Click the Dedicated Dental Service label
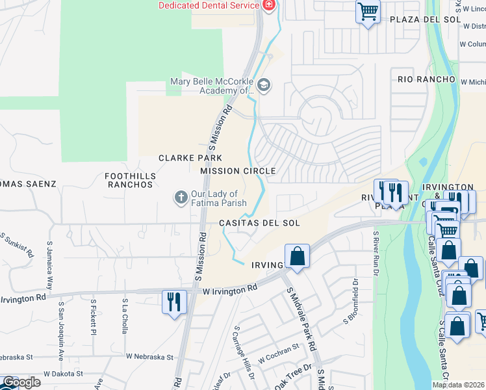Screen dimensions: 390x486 [x=209, y=5]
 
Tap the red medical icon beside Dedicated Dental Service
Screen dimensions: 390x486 [x=268, y=5]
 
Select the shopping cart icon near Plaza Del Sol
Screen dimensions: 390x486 [x=368, y=12]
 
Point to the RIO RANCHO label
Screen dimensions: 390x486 [x=426, y=79]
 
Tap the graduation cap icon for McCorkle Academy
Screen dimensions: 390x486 [x=264, y=85]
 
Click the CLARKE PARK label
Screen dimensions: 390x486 [x=190, y=158]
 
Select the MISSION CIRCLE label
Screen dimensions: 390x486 [x=238, y=171]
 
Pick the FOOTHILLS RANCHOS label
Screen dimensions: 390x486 [x=129, y=180]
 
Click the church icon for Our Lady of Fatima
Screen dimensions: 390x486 [x=181, y=196]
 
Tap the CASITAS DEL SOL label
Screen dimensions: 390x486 [x=259, y=223]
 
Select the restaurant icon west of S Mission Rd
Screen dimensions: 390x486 [x=173, y=301]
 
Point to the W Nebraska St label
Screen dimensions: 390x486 [x=150, y=357]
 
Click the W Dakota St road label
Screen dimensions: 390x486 [x=64, y=374]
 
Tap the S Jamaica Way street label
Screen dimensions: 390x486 [x=50, y=266]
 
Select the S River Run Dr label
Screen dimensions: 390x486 [x=376, y=254]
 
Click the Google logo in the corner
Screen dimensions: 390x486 [x=21, y=383]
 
